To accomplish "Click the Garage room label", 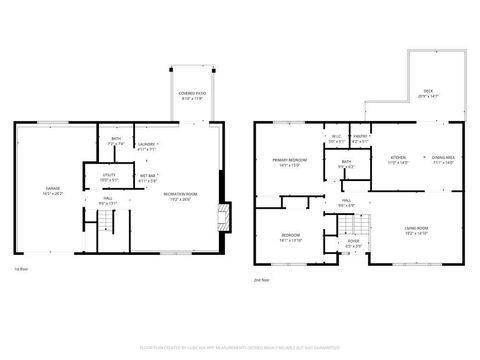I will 53,191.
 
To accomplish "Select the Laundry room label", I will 147,147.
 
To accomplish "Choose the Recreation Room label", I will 180,197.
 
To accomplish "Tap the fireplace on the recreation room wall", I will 225,215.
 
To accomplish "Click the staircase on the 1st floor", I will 118,235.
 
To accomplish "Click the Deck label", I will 427,94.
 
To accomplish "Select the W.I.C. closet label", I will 336,139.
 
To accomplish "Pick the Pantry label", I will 361,139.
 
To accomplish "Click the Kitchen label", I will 398,160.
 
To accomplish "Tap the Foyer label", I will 353,243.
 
